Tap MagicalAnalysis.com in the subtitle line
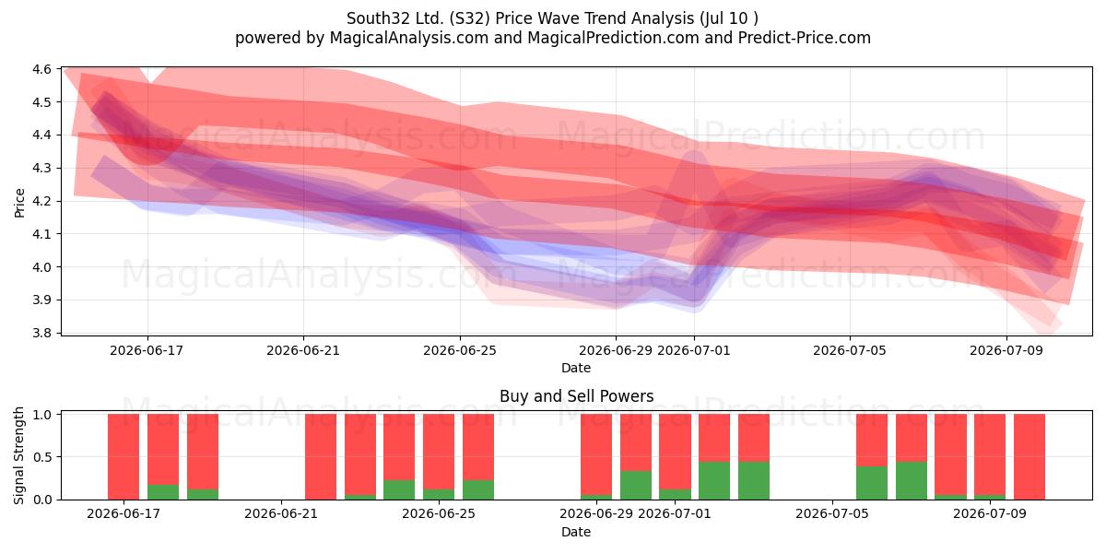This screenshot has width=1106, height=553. pyautogui.click(x=409, y=38)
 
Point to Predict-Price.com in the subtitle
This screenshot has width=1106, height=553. pyautogui.click(x=805, y=38)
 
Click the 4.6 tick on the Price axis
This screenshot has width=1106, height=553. pyautogui.click(x=41, y=69)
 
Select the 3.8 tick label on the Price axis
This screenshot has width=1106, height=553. pyautogui.click(x=41, y=333)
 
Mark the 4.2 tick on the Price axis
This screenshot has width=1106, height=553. pyautogui.click(x=41, y=201)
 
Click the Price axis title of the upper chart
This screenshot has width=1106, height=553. pyautogui.click(x=19, y=203)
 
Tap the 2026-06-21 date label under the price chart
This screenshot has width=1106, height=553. pyautogui.click(x=303, y=350)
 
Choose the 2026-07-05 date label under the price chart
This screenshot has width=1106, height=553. pyautogui.click(x=850, y=350)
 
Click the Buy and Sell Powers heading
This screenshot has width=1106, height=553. pyautogui.click(x=576, y=396)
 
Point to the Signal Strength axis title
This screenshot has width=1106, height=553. pyautogui.click(x=18, y=455)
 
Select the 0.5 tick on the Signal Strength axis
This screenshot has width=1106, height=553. pyautogui.click(x=42, y=457)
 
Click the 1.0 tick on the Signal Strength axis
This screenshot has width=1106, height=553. pyautogui.click(x=42, y=414)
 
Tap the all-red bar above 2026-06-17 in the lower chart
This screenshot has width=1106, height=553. pyautogui.click(x=124, y=457)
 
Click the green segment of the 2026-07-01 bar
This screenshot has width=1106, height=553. pyautogui.click(x=675, y=494)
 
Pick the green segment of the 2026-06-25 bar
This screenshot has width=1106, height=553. pyautogui.click(x=439, y=494)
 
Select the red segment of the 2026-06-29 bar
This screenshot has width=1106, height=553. pyautogui.click(x=596, y=454)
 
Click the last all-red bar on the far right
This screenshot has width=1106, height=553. pyautogui.click(x=1030, y=457)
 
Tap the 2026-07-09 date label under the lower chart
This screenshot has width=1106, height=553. pyautogui.click(x=990, y=514)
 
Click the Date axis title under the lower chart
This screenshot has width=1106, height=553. pyautogui.click(x=576, y=533)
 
